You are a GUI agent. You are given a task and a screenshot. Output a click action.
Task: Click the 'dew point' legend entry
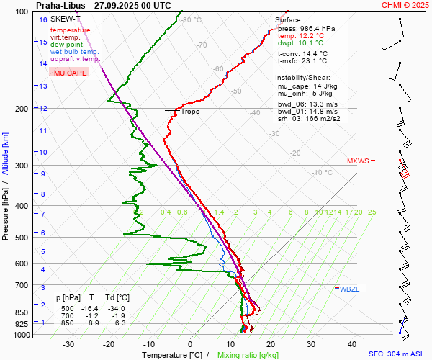[66, 45]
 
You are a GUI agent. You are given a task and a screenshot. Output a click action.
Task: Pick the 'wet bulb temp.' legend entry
[75, 52]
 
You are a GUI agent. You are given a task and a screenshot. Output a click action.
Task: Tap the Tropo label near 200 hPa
[190, 112]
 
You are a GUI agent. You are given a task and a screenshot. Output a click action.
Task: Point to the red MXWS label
[357, 161]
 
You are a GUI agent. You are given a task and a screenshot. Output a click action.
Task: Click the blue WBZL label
[349, 289]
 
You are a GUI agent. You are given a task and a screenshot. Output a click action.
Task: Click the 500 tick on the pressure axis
[21, 238]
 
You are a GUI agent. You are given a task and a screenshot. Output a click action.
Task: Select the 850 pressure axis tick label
[21, 313]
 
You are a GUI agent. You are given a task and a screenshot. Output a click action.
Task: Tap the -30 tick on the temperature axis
[69, 344]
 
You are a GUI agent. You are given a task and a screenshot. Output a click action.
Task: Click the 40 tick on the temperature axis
[352, 344]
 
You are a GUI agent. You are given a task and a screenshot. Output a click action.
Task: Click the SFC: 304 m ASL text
[398, 355]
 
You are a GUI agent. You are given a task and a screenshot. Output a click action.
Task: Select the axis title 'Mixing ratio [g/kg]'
[248, 355]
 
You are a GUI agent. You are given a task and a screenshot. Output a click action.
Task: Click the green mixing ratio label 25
[372, 212]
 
